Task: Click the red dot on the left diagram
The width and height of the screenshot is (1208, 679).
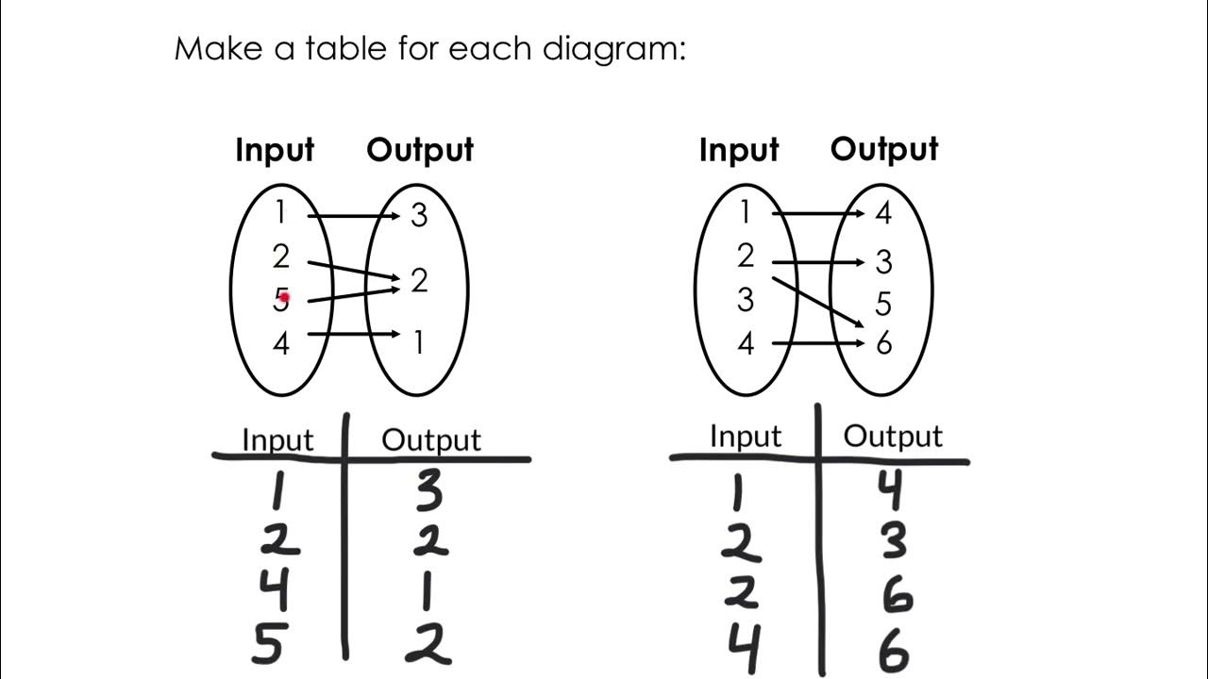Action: click(283, 298)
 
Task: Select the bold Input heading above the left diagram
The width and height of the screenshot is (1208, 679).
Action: click(275, 151)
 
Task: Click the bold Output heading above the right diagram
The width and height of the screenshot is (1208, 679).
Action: click(884, 149)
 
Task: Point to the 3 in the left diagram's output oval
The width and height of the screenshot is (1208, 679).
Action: click(419, 216)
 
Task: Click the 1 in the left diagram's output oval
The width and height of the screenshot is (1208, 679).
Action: click(418, 342)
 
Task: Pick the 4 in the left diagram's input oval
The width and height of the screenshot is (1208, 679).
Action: click(280, 343)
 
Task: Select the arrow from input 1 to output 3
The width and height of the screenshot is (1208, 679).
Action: click(355, 217)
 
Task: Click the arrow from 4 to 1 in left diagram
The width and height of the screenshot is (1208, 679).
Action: click(355, 334)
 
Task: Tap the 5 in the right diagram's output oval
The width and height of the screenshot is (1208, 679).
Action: click(883, 304)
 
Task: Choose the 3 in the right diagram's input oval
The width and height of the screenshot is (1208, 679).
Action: click(746, 300)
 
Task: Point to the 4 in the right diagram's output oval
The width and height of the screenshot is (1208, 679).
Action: click(883, 214)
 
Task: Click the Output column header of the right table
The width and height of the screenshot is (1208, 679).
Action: click(892, 436)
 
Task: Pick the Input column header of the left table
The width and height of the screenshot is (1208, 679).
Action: click(277, 440)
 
